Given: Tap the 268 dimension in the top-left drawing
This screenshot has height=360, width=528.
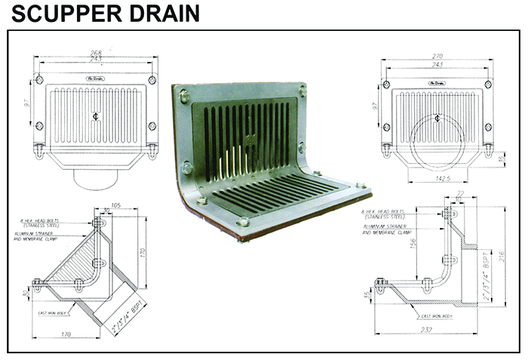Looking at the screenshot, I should [x=97, y=53].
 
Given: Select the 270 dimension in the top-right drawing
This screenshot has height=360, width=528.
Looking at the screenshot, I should [x=436, y=55].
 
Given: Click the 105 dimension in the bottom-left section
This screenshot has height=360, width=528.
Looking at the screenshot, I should [x=116, y=204].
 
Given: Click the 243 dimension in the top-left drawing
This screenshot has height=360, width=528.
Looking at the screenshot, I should [x=97, y=60].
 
